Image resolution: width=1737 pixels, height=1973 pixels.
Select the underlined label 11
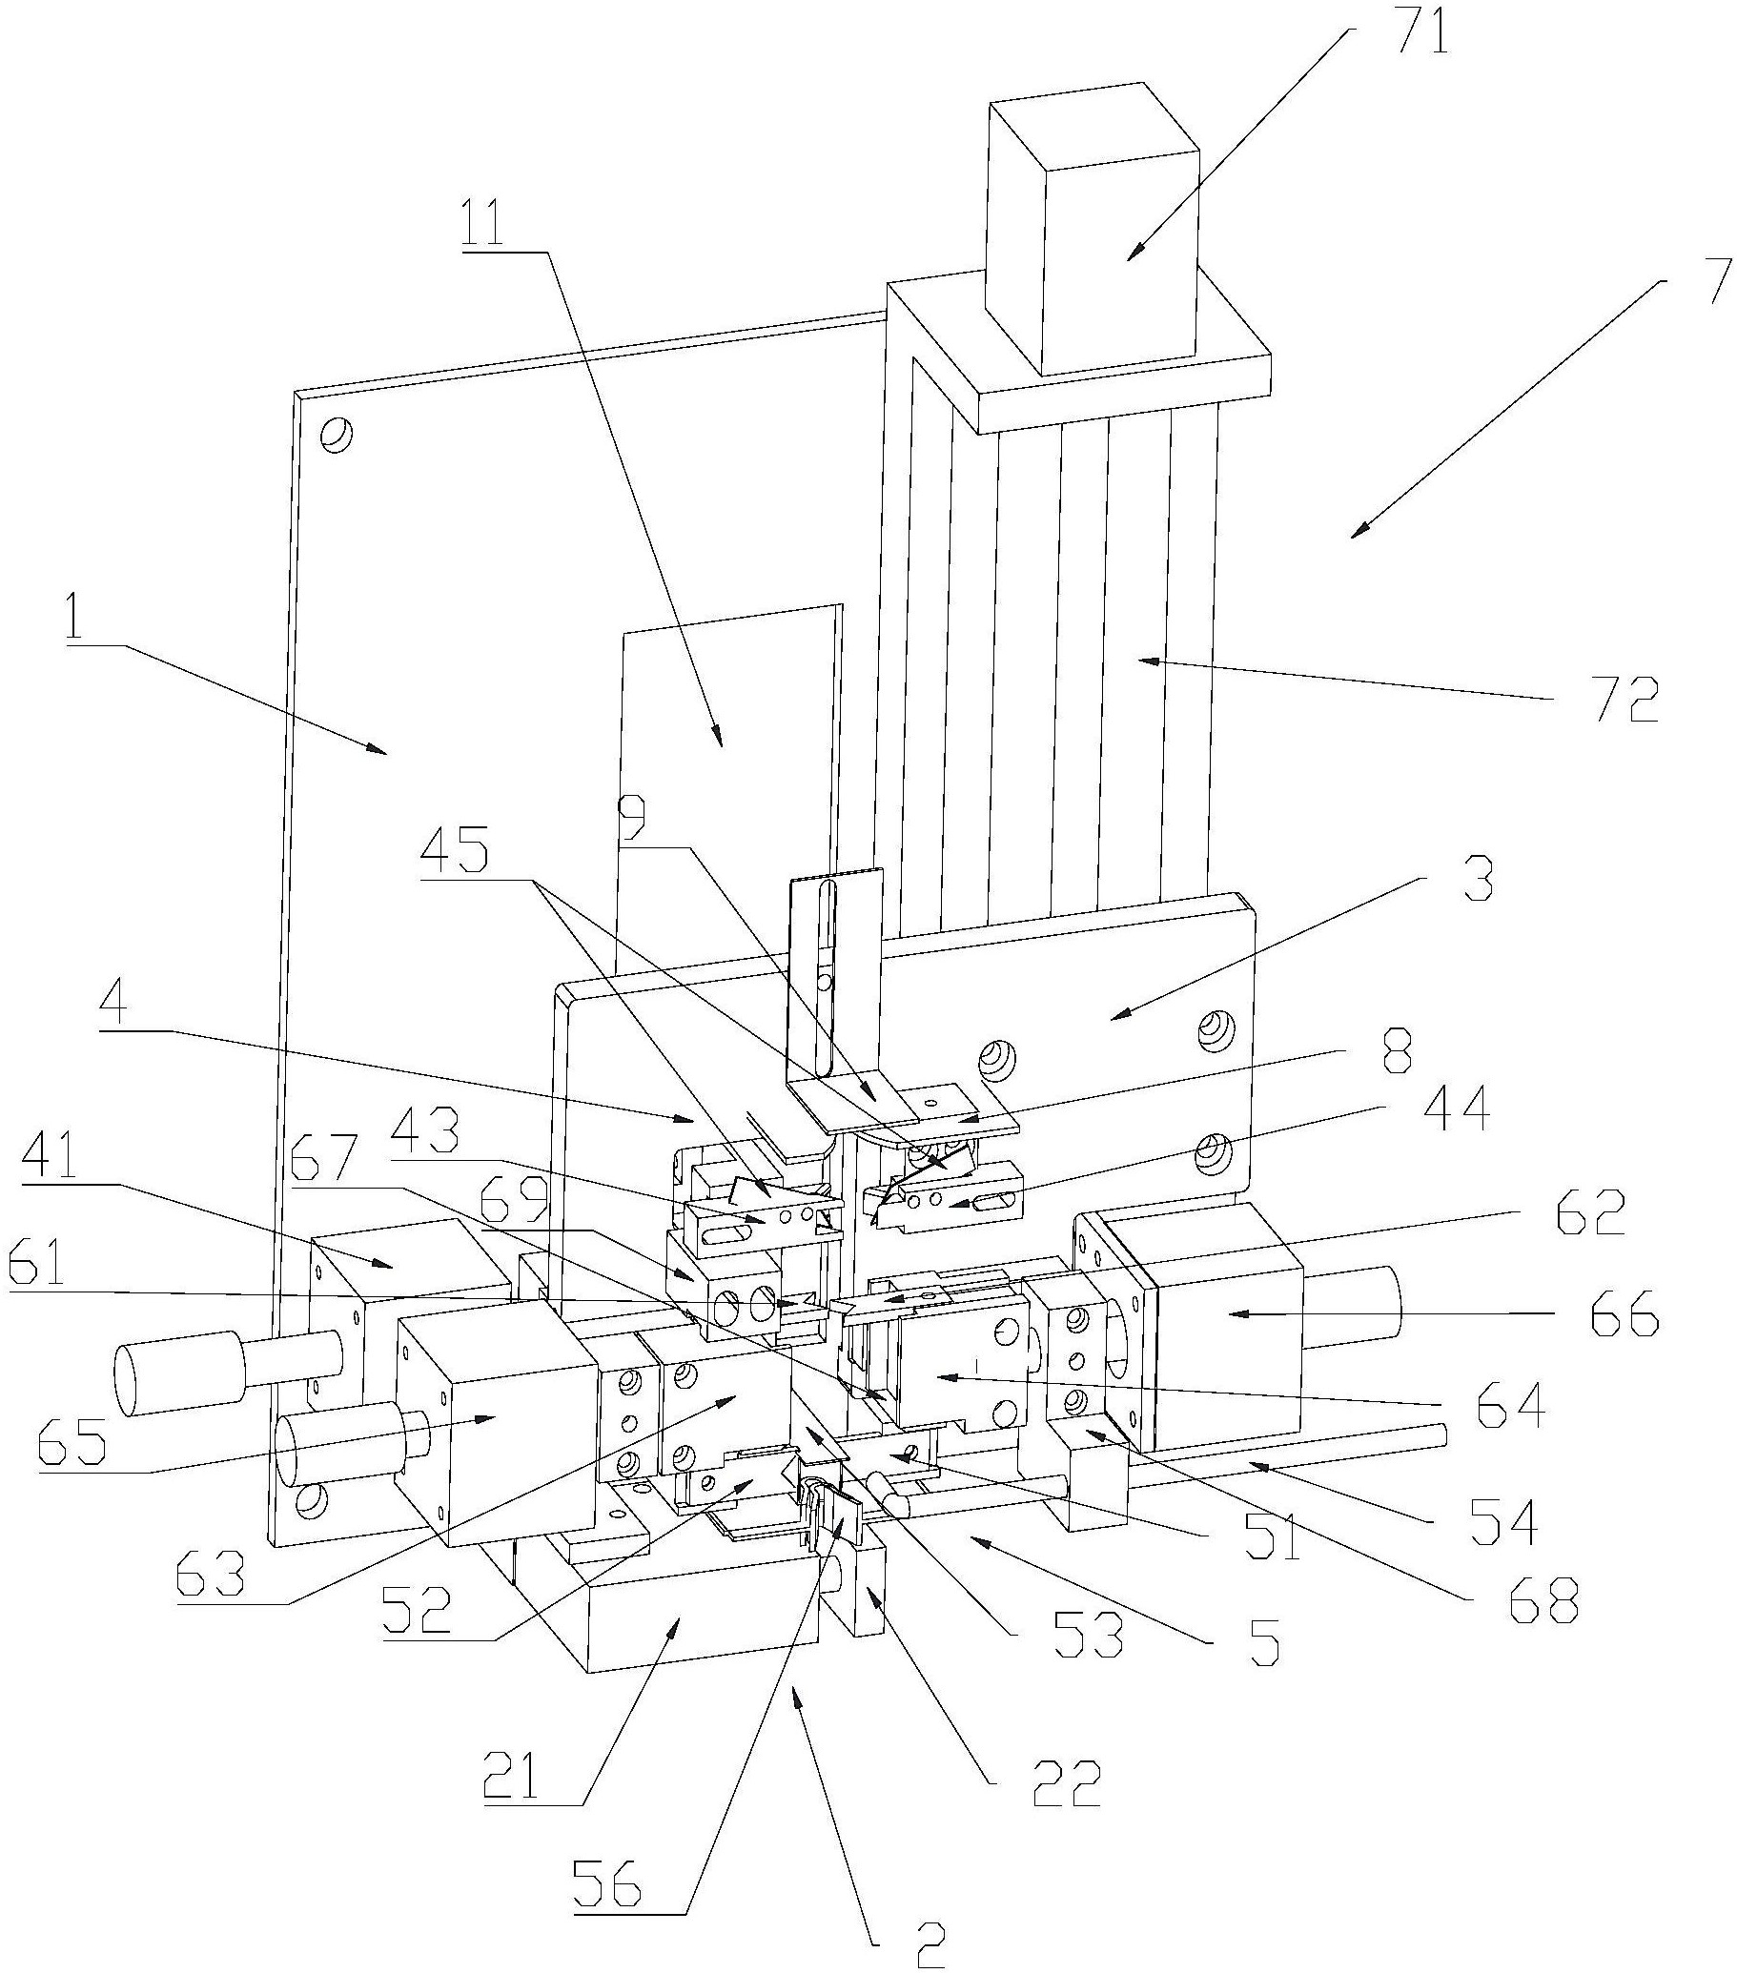point(497,221)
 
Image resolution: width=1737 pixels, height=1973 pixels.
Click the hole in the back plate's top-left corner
point(337,435)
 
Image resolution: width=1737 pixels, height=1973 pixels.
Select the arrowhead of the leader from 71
point(1132,253)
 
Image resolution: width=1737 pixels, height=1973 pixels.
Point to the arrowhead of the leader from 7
point(1358,531)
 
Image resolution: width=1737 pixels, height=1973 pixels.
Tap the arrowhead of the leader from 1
point(382,749)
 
